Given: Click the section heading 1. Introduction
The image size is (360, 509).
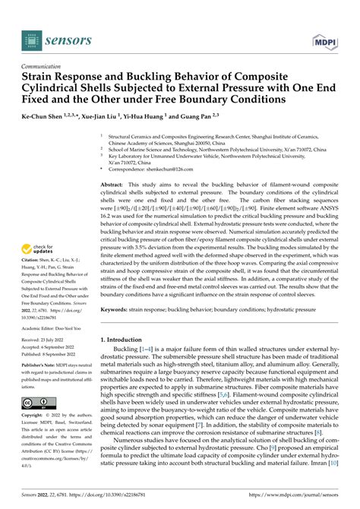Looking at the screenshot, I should tap(126, 340).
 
